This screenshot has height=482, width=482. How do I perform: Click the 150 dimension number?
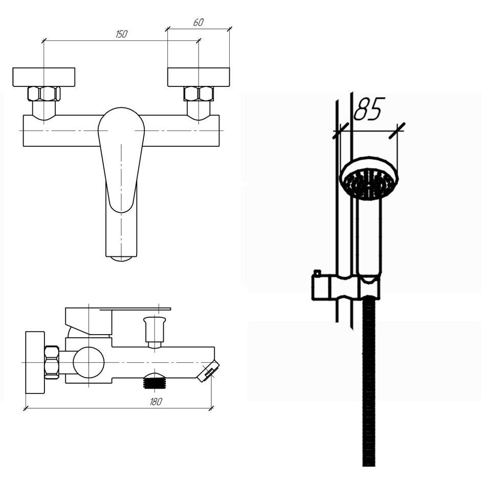click(121, 34)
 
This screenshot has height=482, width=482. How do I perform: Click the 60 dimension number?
click(198, 22)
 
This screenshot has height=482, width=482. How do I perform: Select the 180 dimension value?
click(156, 402)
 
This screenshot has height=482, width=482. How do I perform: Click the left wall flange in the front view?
click(44, 77)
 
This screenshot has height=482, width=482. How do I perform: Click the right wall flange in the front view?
click(199, 77)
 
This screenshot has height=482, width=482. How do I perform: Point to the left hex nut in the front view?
click(44, 94)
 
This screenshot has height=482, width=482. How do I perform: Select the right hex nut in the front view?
click(199, 94)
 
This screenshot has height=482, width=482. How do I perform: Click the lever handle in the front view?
click(121, 160)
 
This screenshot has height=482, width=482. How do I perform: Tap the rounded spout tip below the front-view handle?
click(121, 258)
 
